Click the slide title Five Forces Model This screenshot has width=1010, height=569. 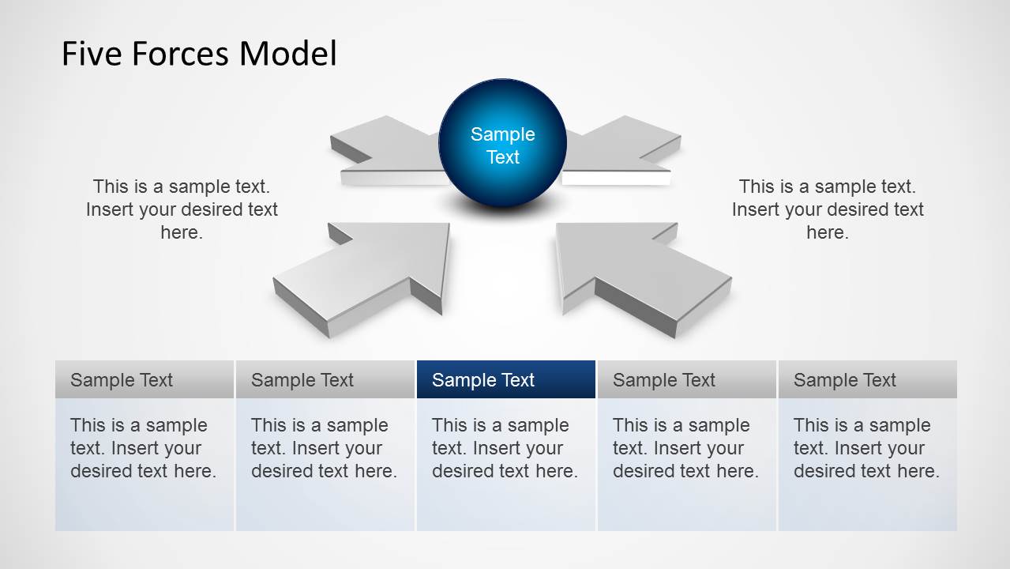click(x=199, y=54)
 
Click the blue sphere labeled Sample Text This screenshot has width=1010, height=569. click(x=503, y=143)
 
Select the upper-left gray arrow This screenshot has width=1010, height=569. click(x=388, y=151)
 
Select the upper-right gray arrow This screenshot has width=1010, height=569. click(x=620, y=151)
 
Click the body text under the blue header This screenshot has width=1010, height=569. click(x=505, y=448)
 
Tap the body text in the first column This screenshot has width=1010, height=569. click(x=144, y=448)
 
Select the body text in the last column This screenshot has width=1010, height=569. click(x=866, y=448)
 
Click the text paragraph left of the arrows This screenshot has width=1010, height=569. click(x=182, y=209)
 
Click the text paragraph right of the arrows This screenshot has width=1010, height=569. click(x=828, y=209)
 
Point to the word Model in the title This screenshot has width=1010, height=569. click(x=287, y=54)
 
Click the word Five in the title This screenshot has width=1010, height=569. click(x=92, y=54)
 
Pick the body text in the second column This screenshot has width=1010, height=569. click(x=325, y=448)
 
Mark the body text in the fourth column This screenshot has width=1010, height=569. click(x=685, y=448)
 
